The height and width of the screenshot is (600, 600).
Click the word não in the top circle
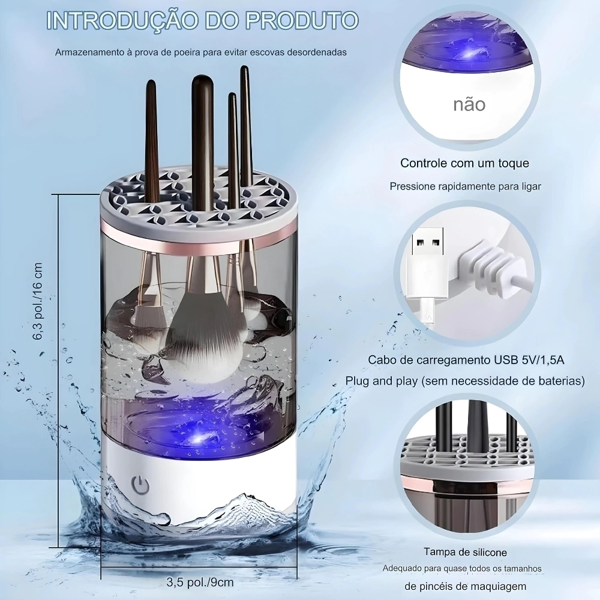click(x=469, y=104)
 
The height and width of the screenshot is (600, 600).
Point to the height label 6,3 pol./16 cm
click(x=38, y=301)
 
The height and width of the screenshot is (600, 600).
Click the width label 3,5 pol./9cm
click(x=200, y=582)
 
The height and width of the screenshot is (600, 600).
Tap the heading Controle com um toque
click(x=464, y=163)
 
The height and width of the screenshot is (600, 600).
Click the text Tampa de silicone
click(x=466, y=552)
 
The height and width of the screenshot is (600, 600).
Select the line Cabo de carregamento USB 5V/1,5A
click(x=466, y=360)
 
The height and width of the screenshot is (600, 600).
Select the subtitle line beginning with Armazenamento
click(x=201, y=52)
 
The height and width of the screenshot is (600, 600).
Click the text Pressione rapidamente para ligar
click(x=466, y=187)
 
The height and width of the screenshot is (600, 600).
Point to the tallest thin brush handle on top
click(x=246, y=122)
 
